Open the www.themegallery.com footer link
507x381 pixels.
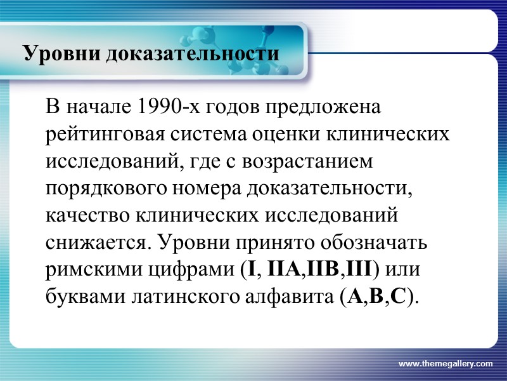tap(446, 363)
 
